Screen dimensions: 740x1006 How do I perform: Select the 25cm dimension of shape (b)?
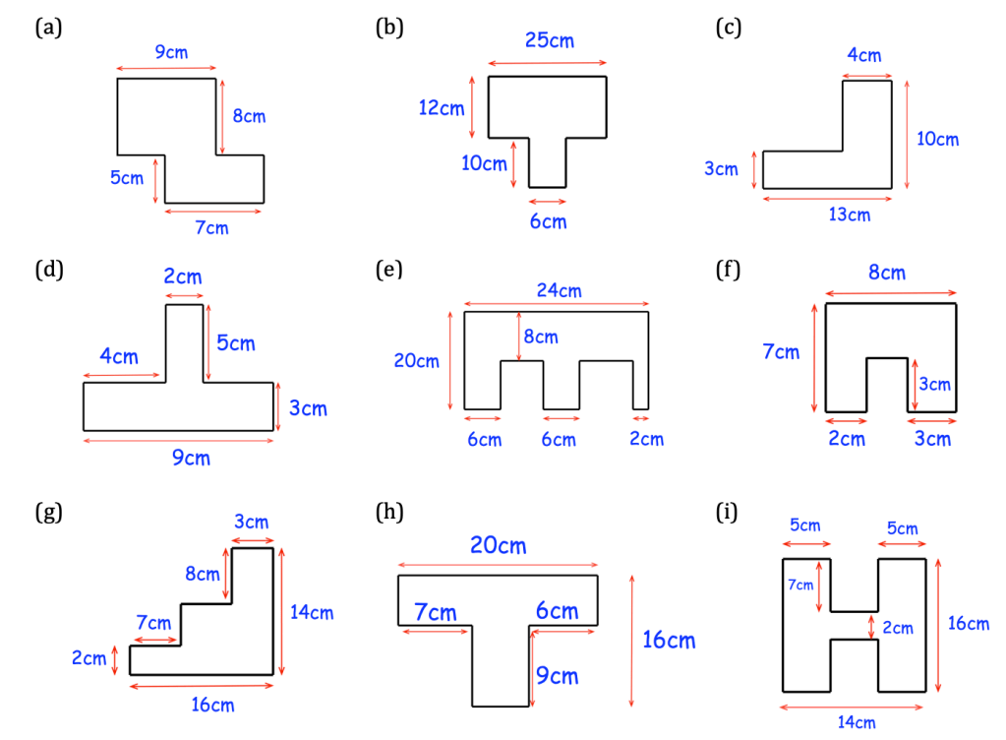click(x=549, y=40)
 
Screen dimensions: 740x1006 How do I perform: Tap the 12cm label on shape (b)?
click(x=442, y=108)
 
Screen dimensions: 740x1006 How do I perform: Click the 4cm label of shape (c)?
click(x=864, y=55)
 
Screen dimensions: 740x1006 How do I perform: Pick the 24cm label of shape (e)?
click(x=559, y=290)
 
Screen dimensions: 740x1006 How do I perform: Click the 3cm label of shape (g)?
click(x=252, y=522)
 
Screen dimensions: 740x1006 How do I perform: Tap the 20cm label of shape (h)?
click(x=498, y=545)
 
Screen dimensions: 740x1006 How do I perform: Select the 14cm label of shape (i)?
click(x=857, y=723)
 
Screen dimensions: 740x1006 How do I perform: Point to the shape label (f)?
click(x=729, y=268)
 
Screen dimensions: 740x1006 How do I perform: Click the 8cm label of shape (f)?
click(x=886, y=273)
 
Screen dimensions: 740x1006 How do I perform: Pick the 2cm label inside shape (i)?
click(x=898, y=628)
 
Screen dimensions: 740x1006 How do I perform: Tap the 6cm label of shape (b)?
click(x=548, y=221)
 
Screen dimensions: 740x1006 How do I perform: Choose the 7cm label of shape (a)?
click(x=211, y=228)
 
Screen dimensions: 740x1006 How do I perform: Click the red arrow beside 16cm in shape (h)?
click(x=631, y=640)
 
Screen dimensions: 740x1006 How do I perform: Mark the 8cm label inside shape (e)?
click(x=540, y=338)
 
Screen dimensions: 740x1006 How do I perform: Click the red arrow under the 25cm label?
click(x=547, y=63)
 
